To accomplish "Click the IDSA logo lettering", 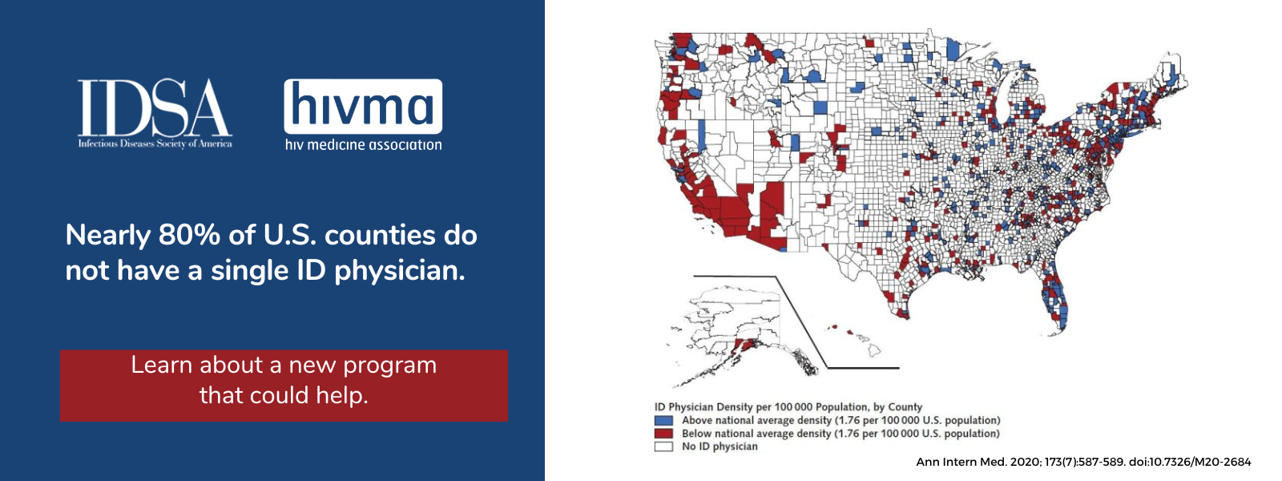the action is click(155, 107).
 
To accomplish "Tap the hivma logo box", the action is click(363, 107).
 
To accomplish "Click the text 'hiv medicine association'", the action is click(364, 145).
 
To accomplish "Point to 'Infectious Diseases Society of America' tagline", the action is click(155, 143).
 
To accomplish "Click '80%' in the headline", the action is click(189, 235).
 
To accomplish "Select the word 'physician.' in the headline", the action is click(400, 271).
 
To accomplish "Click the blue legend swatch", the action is click(663, 420).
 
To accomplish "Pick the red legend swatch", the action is click(663, 434).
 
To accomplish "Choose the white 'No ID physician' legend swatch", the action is click(663, 447).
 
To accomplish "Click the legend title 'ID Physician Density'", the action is click(703, 407).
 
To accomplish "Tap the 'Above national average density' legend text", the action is click(756, 420).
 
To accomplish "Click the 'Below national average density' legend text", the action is click(756, 434).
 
